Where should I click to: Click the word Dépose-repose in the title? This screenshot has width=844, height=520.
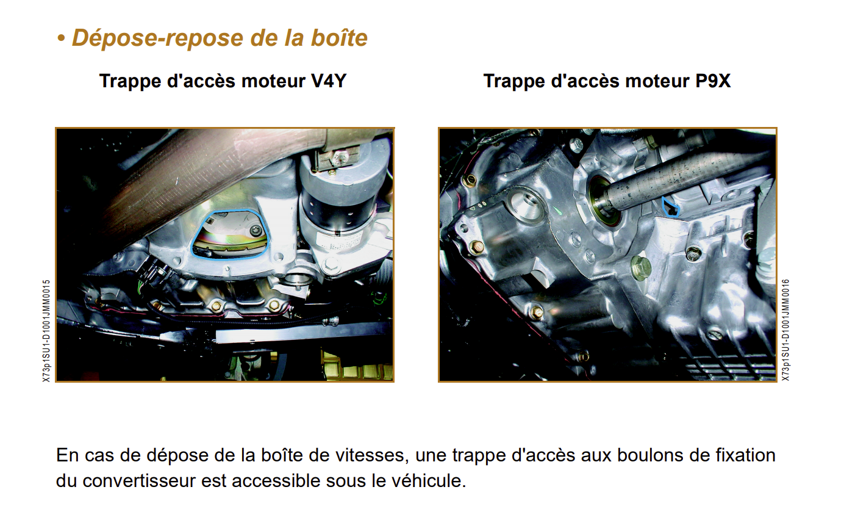[x=159, y=38]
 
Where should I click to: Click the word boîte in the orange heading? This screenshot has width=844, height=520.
[x=339, y=38]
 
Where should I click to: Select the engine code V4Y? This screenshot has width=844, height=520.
[x=329, y=81]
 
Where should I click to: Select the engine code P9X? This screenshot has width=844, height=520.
[x=713, y=81]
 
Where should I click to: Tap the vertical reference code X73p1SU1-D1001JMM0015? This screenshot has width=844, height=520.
[x=46, y=330]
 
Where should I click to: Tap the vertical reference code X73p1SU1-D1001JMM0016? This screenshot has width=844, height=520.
[x=785, y=330]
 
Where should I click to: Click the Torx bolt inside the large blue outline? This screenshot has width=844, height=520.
[x=254, y=230]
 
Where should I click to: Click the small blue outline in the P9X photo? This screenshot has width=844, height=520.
[x=670, y=208]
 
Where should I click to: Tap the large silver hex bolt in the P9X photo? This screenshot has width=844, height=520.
[x=640, y=267]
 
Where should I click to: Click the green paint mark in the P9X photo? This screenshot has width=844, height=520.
[x=560, y=212]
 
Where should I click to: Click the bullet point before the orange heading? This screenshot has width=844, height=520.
[x=61, y=38]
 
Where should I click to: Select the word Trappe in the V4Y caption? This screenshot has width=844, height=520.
[x=131, y=82]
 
